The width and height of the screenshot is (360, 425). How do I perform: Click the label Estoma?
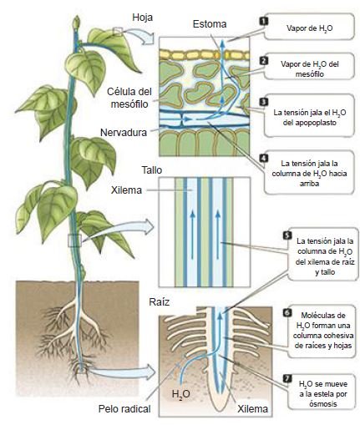210,24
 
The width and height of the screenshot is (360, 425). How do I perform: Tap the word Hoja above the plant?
142,18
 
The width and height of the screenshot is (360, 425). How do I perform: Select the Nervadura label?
124,132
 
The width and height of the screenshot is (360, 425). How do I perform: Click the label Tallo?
152,170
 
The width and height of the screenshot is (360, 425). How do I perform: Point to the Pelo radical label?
124,408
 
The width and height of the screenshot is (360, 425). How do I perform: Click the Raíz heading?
160,302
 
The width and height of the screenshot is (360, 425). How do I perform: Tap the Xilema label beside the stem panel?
126,190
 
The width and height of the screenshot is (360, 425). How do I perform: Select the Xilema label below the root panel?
252,408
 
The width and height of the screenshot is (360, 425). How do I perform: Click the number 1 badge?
263,21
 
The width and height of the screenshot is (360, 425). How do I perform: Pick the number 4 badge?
263,158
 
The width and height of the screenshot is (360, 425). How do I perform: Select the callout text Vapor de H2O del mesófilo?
310,69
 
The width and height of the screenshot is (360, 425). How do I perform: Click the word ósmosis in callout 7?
323,403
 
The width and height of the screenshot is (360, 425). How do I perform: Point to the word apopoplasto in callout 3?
310,123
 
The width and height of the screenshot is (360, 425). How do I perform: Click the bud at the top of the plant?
76,23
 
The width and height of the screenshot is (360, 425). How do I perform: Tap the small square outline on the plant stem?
75,240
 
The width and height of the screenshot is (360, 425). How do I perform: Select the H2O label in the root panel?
181,394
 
